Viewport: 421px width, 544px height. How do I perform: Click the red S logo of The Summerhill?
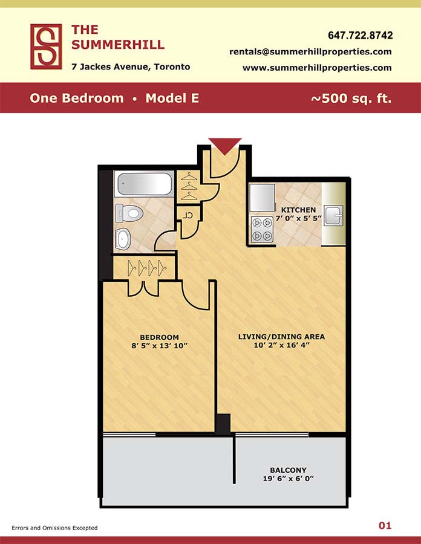tap(46, 47)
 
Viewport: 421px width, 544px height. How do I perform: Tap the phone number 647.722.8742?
tap(361, 36)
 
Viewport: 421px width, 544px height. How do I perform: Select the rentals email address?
tap(310, 52)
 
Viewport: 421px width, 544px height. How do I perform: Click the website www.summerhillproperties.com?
tap(317, 68)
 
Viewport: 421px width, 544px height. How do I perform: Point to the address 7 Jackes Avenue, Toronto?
tap(131, 66)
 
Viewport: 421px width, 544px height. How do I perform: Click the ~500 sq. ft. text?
tap(351, 98)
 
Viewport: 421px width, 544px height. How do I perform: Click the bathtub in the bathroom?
tap(145, 184)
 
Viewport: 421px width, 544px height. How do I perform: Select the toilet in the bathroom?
tap(129, 213)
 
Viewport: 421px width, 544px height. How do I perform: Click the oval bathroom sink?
tap(123, 239)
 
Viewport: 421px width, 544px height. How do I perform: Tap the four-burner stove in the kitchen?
tap(262, 228)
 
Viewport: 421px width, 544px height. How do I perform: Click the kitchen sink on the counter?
tap(333, 215)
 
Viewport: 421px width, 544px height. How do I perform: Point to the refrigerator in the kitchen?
tap(263, 198)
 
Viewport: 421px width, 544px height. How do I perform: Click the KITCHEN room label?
tap(298, 210)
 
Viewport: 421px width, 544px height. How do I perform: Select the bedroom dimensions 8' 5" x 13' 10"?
tap(159, 346)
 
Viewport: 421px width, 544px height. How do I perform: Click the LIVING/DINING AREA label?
tap(281, 337)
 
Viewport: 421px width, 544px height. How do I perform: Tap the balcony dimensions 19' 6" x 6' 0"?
tap(288, 479)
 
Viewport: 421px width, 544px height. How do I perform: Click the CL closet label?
tap(188, 215)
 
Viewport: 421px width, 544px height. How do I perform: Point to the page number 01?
tap(385, 526)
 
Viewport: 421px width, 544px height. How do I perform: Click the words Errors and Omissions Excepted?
tap(54, 528)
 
